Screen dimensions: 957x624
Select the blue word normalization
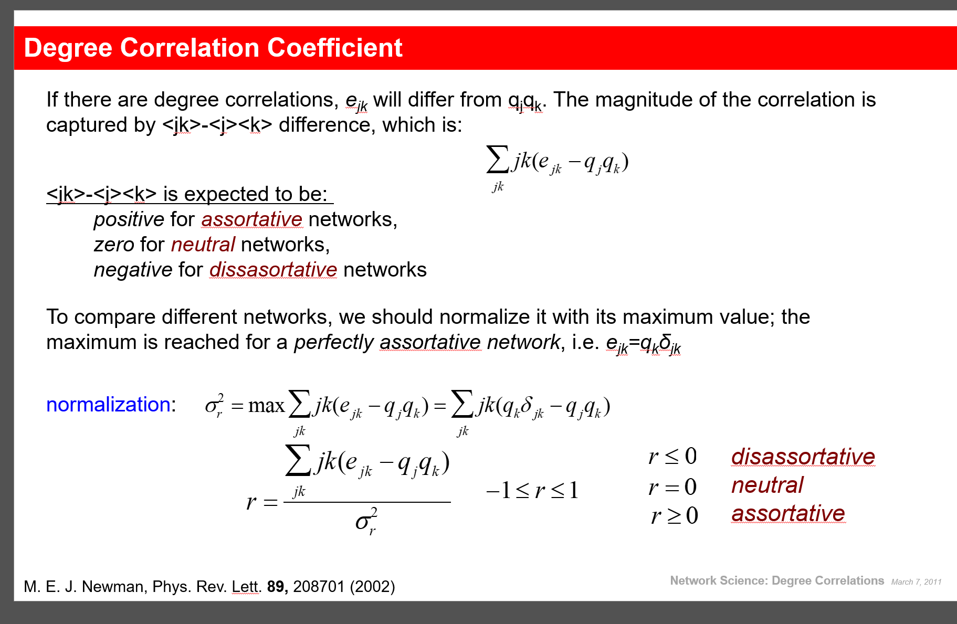pos(108,405)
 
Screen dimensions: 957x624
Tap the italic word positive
pos(129,219)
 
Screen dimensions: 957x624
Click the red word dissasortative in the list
pos(273,270)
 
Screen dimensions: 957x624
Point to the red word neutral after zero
pos(203,245)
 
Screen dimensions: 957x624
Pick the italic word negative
pos(133,270)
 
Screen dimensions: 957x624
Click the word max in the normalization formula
pos(266,406)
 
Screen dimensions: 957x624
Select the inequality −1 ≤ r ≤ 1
pos(532,490)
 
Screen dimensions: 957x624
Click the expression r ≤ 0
pos(672,456)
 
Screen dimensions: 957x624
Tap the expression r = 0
pos(672,487)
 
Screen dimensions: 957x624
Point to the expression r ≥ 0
pos(675,516)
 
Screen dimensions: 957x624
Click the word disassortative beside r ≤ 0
pos(803,457)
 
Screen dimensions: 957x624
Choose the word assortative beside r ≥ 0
pos(788,513)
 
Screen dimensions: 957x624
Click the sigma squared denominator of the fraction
pos(366,521)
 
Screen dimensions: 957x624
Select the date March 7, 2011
pos(916,581)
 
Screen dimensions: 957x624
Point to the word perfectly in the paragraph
pos(333,342)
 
